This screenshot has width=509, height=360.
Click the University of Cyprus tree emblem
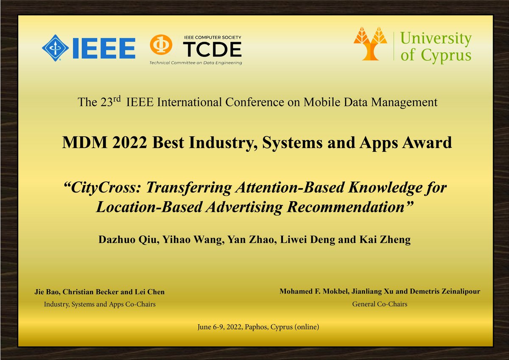[x=370, y=42]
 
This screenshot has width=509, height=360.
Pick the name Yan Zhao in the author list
[x=242, y=240]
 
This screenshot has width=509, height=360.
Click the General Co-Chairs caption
[x=380, y=304]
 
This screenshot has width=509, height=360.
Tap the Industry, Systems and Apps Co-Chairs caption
[x=100, y=304]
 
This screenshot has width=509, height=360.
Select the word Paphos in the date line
[x=255, y=327]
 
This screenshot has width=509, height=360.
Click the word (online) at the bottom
[x=304, y=327]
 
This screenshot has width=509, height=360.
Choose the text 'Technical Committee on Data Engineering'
[x=195, y=63]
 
